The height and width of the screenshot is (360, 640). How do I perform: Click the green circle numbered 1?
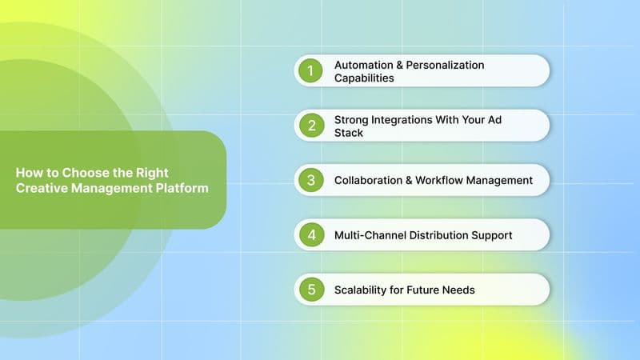pyautogui.click(x=310, y=70)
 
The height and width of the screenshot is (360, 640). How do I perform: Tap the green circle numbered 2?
pyautogui.click(x=310, y=126)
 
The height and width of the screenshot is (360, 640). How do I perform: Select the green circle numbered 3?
pyautogui.click(x=310, y=180)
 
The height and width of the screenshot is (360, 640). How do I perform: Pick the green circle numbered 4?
pyautogui.click(x=310, y=235)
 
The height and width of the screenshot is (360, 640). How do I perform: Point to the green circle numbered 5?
pyautogui.click(x=310, y=290)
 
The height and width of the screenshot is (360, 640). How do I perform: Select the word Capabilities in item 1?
pyautogui.click(x=364, y=78)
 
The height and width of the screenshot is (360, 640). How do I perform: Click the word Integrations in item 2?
pyautogui.click(x=406, y=118)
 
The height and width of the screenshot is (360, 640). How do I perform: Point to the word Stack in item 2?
pyautogui.click(x=349, y=133)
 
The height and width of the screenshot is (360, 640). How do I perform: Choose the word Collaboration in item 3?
pyautogui.click(x=368, y=180)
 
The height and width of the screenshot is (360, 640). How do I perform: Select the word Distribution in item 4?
pyautogui.click(x=441, y=235)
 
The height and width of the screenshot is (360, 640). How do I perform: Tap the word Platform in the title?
pyautogui.click(x=184, y=188)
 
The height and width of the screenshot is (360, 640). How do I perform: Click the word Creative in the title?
pyautogui.click(x=38, y=188)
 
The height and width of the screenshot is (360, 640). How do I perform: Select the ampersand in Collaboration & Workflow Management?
pyautogui.click(x=409, y=180)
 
